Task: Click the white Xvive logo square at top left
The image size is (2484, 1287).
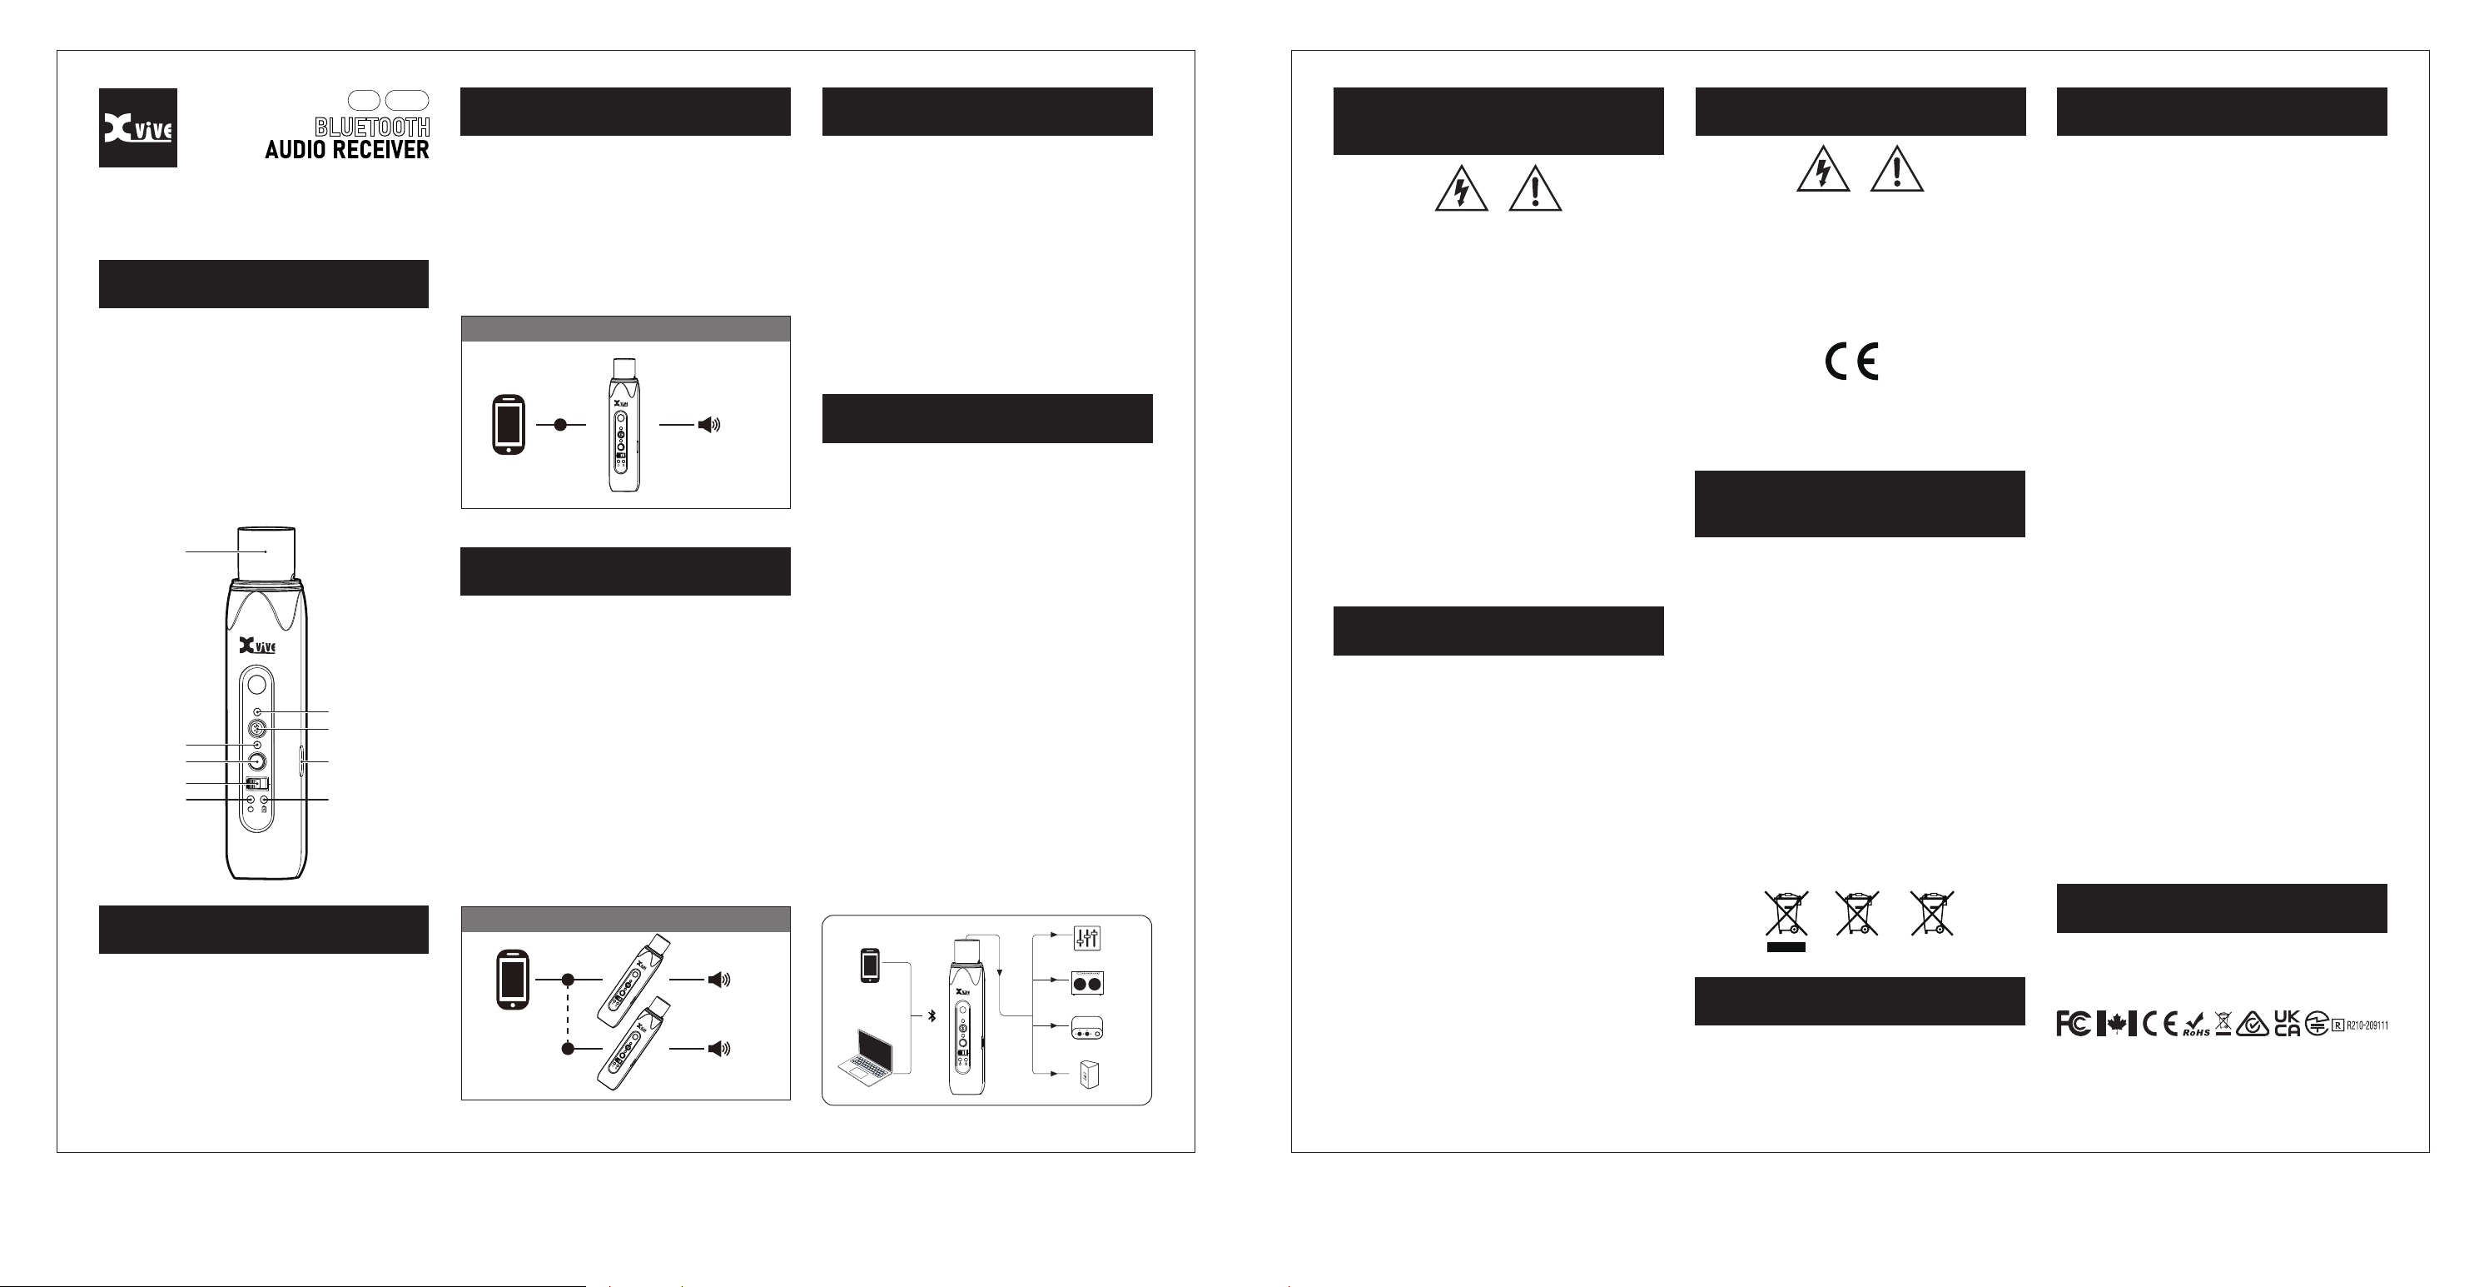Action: pyautogui.click(x=138, y=128)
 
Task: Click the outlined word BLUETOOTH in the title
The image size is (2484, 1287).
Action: pyautogui.click(x=372, y=127)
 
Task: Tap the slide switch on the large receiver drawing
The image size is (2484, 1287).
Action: pyautogui.click(x=256, y=782)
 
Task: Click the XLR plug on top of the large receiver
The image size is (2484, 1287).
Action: pyautogui.click(x=266, y=554)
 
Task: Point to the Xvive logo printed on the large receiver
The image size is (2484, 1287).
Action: pyautogui.click(x=257, y=646)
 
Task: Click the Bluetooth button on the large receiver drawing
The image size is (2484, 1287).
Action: pyautogui.click(x=256, y=728)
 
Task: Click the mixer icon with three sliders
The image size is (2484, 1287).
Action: pyautogui.click(x=1088, y=938)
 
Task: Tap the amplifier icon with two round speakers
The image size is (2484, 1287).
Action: pyautogui.click(x=1088, y=983)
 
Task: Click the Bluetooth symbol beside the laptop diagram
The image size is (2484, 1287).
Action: pyautogui.click(x=931, y=1016)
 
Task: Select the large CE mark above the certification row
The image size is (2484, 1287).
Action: pyautogui.click(x=1851, y=362)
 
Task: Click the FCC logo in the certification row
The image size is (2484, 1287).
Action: pyautogui.click(x=2074, y=1024)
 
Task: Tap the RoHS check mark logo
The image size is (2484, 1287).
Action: pyautogui.click(x=2196, y=1025)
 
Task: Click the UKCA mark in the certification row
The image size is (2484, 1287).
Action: pyautogui.click(x=2288, y=1024)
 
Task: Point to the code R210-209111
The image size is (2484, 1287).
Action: pyautogui.click(x=2367, y=1025)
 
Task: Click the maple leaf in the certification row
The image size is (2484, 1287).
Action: pyautogui.click(x=2117, y=1024)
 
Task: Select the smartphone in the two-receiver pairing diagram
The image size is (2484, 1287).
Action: pyautogui.click(x=512, y=980)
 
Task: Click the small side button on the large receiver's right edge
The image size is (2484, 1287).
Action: pyautogui.click(x=303, y=761)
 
